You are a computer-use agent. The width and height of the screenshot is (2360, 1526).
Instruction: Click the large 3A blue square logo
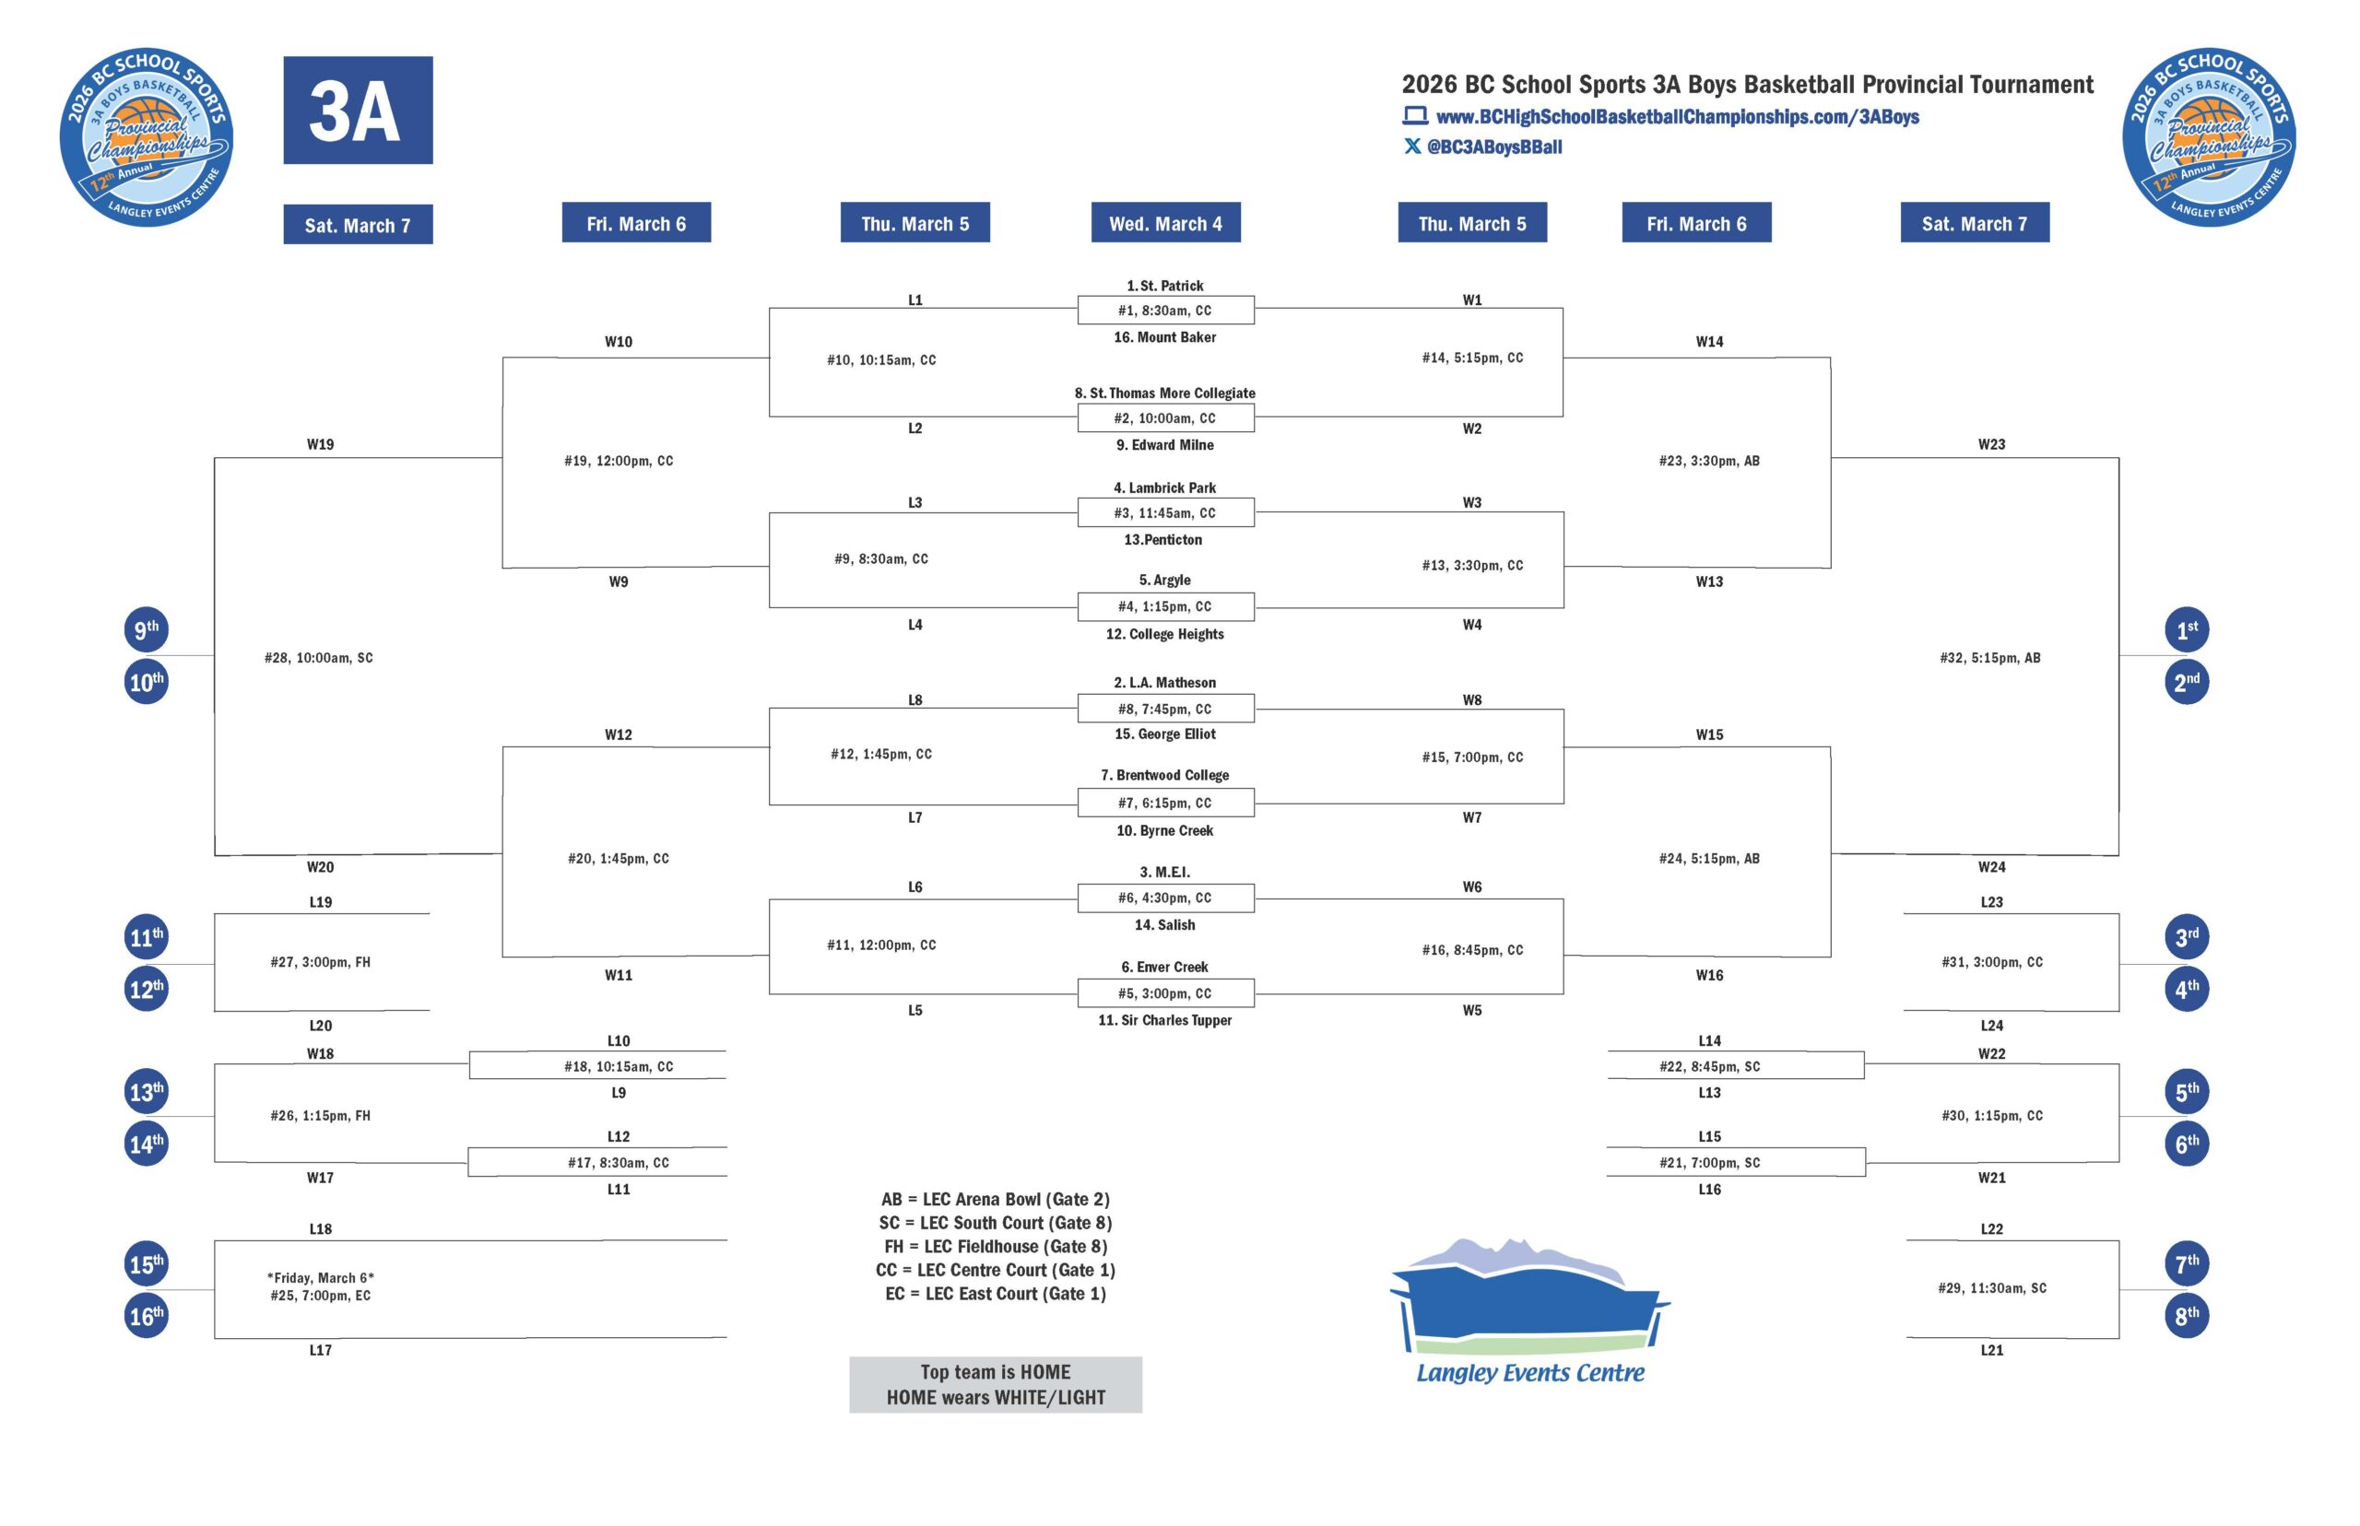click(x=357, y=110)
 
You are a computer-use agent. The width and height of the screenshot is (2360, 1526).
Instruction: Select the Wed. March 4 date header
click(x=1164, y=224)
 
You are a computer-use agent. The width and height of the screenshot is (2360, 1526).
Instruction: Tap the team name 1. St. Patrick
click(x=1164, y=287)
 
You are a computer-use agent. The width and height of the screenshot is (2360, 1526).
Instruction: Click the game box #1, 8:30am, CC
click(x=1164, y=311)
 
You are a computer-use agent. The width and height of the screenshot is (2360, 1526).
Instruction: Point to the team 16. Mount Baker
click(x=1164, y=338)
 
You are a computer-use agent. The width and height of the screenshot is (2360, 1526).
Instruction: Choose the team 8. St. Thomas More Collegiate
click(x=1164, y=393)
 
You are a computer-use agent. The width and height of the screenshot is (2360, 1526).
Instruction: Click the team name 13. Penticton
click(x=1162, y=540)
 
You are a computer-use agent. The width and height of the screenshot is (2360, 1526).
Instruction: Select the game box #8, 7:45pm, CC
click(x=1164, y=710)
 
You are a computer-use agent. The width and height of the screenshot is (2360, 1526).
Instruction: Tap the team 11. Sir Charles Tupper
click(x=1164, y=1021)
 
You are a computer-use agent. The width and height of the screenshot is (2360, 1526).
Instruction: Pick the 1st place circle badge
click(x=2187, y=630)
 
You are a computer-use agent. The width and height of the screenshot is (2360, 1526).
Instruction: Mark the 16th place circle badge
click(x=146, y=1316)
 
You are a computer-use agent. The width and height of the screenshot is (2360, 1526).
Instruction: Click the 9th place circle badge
click(x=146, y=630)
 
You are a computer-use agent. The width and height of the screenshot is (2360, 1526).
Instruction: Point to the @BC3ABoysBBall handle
click(x=1493, y=147)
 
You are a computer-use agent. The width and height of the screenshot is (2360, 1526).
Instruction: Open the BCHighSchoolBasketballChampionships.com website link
click(x=1676, y=117)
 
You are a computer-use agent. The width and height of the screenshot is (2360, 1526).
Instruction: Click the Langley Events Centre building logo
click(x=1529, y=1308)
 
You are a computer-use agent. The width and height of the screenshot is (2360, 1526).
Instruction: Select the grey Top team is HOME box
click(x=995, y=1384)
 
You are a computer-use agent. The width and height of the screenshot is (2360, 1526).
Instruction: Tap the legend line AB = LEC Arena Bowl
click(x=995, y=1199)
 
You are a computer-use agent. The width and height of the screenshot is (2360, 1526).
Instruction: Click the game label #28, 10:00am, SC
click(x=318, y=658)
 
